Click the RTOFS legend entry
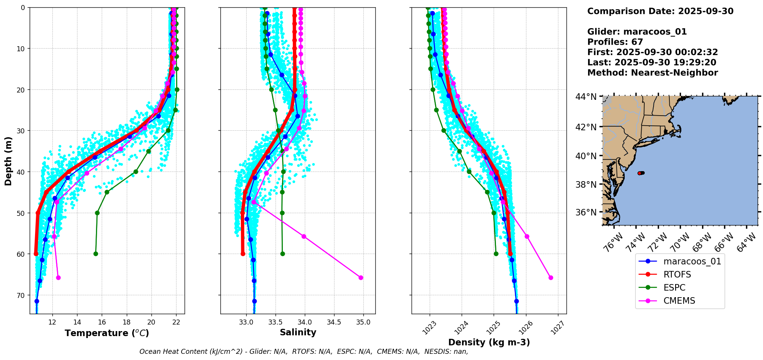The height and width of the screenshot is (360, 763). (x=677, y=274)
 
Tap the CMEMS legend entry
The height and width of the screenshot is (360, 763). (x=679, y=301)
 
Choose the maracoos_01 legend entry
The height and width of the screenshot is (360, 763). (x=692, y=261)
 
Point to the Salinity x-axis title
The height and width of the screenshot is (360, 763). (x=298, y=333)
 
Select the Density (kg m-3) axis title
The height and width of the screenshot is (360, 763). (x=489, y=342)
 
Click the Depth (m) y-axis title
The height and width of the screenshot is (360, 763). (x=8, y=161)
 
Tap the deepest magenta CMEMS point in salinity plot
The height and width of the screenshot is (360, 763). (x=361, y=278)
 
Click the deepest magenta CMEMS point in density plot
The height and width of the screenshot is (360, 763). (x=551, y=278)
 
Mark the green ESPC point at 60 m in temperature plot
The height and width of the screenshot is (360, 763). (x=96, y=254)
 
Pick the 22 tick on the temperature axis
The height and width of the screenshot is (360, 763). (x=176, y=322)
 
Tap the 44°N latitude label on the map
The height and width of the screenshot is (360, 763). (x=586, y=97)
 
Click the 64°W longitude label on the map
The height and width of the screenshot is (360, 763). (x=746, y=243)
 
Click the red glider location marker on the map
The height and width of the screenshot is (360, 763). (x=640, y=173)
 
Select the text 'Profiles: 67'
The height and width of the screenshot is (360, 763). (x=615, y=42)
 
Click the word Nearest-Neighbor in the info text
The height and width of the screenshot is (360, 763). (x=674, y=73)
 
